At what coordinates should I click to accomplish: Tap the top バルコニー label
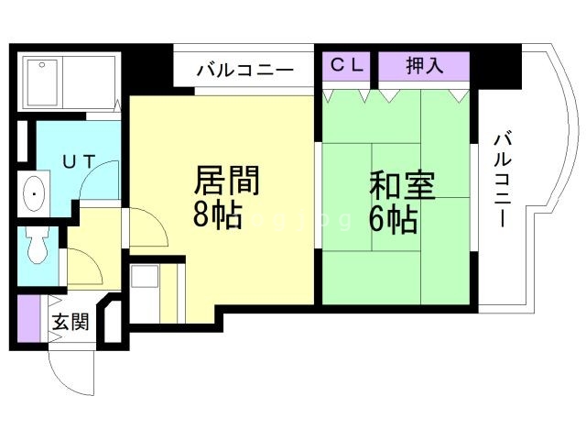click(x=244, y=69)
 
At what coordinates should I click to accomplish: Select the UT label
click(x=78, y=160)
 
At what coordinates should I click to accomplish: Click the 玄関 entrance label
click(x=70, y=322)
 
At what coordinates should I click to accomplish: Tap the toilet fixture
click(x=37, y=246)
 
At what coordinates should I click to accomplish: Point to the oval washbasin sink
click(x=34, y=193)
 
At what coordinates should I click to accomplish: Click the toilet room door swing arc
click(x=83, y=268)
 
